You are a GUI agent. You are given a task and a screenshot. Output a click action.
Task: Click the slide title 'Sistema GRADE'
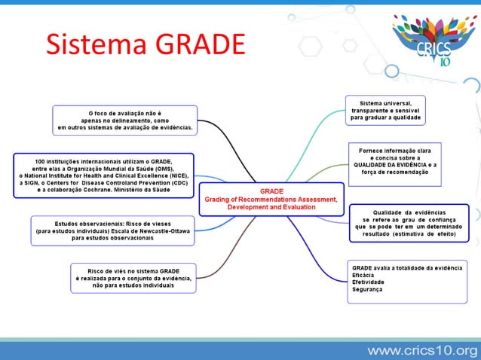(146, 45)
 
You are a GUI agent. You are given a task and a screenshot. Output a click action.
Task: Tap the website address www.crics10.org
(422, 350)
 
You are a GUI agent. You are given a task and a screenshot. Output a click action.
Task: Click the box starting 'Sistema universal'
(385, 110)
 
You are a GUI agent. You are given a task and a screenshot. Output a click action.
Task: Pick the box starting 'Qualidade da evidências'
(409, 223)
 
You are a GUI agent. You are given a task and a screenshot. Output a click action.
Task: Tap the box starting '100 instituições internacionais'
(104, 175)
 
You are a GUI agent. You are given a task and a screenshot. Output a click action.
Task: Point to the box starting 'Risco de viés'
(133, 278)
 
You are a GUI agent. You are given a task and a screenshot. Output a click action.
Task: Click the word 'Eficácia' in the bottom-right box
(364, 275)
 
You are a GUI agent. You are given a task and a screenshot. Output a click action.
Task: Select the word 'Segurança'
(367, 290)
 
